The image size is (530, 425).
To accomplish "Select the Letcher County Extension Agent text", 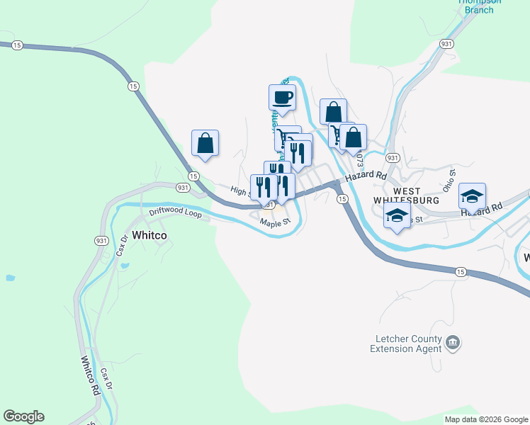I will (x=406, y=344).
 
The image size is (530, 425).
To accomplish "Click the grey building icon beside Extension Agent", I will (x=453, y=344).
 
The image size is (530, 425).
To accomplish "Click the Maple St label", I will (x=276, y=222).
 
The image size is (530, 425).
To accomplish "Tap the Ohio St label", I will (x=449, y=181).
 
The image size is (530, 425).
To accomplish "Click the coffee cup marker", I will (x=281, y=97).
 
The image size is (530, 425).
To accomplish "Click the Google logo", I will (x=23, y=416).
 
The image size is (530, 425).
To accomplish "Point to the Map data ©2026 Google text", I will (x=486, y=419).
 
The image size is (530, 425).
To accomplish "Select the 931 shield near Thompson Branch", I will (x=446, y=44).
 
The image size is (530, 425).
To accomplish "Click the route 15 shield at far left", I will (x=18, y=45).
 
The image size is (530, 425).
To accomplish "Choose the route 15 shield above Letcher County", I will (x=461, y=272).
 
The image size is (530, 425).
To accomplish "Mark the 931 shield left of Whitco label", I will (x=101, y=241).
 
